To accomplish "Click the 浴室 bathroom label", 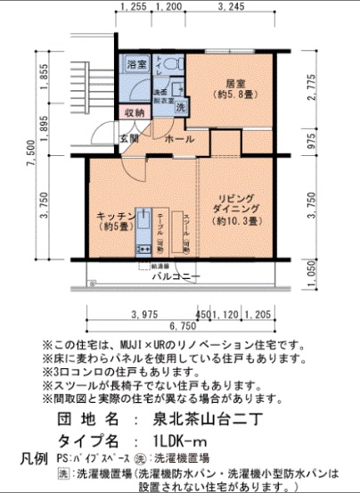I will point(136,65).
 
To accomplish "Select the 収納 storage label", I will point(135,113).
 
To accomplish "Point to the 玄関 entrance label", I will point(129,139).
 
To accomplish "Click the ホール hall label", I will point(180,140).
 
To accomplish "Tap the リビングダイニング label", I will point(234,208).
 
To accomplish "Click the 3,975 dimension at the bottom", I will point(143,314).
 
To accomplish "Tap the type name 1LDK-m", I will point(180,440).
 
